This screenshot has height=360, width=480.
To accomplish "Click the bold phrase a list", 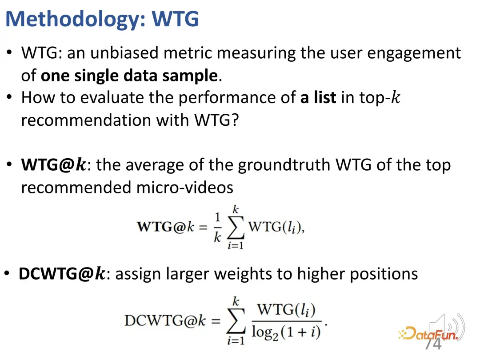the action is [x=318, y=97].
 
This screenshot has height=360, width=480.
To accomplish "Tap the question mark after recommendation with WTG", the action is [x=235, y=120].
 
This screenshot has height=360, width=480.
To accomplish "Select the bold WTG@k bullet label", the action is [x=54, y=165].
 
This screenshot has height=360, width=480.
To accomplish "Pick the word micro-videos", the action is [x=184, y=188].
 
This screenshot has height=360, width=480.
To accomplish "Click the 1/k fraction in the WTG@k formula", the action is [x=217, y=228].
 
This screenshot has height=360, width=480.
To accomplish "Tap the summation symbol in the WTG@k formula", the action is [x=236, y=227].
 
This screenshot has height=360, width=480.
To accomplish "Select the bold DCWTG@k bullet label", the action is [x=62, y=274].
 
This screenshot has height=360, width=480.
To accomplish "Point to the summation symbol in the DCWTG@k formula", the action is [x=236, y=320].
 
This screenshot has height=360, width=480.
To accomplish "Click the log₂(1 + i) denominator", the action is [x=286, y=332].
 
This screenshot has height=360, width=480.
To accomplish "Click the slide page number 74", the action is [x=433, y=344].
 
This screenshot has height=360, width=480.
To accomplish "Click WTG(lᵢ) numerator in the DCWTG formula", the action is [x=286, y=310].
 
